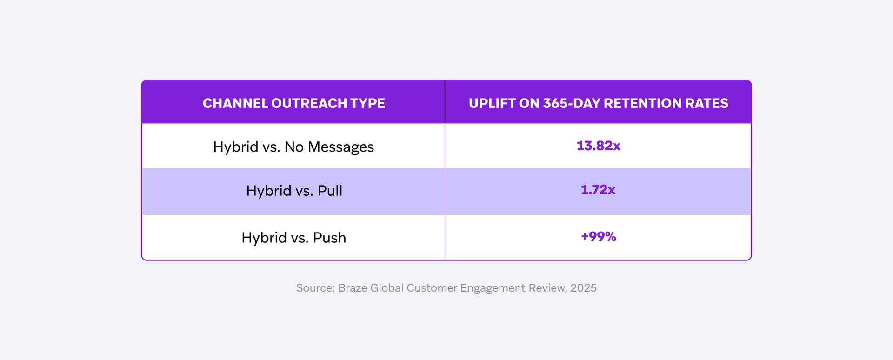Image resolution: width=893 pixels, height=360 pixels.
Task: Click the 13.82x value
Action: [598, 146]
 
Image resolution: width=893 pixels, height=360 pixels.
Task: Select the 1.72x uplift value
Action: [598, 190]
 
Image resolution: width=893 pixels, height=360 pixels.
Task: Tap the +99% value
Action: [598, 237]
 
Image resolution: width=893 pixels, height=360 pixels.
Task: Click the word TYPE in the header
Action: [367, 103]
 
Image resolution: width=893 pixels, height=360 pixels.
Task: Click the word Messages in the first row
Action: [340, 147]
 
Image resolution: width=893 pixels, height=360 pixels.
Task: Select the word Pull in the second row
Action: [330, 191]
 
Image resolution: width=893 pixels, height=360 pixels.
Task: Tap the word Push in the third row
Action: [329, 238]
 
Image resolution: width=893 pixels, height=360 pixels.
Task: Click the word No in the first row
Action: [294, 147]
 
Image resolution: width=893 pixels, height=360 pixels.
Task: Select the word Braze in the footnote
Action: [353, 288]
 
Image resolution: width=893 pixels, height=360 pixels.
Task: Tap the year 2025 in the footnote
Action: [583, 288]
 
